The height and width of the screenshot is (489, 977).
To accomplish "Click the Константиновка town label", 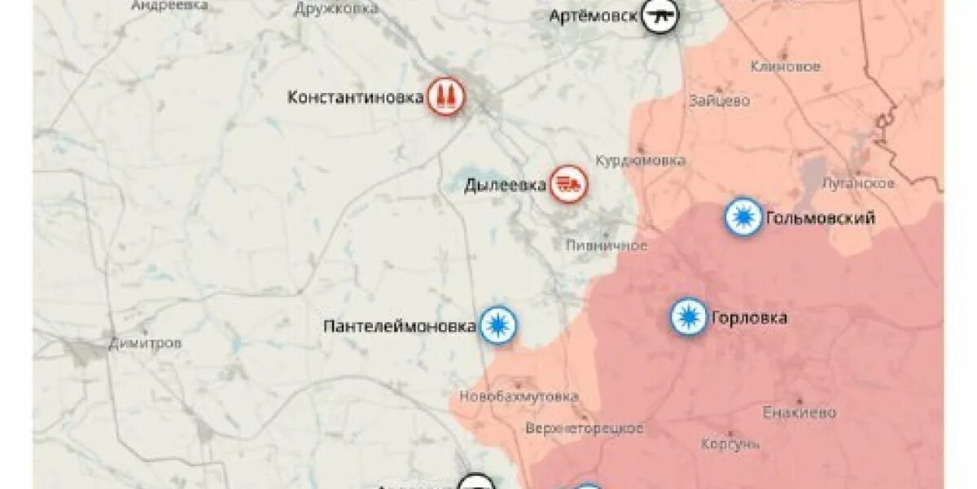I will coord(355,97).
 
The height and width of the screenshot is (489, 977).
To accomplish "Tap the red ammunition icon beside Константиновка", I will coord(445,96).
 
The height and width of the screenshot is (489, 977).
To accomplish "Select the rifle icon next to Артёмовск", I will coord(659,15).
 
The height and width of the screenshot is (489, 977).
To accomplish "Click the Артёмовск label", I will coord(592,16).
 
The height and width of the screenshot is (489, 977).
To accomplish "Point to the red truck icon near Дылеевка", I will coord(568,184).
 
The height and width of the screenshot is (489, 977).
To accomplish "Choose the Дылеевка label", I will coord(505,185).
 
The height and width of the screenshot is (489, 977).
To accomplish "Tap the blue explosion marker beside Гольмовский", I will coord(743,218).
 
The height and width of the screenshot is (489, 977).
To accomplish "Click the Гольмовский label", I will coord(820,218).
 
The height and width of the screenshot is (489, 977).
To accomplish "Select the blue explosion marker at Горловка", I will coord(689,316).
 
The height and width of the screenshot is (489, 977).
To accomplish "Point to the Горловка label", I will coord(749,318).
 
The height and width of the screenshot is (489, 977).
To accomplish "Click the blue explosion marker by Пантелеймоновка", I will coord(497,325).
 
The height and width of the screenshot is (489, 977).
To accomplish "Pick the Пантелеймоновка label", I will coord(399,326).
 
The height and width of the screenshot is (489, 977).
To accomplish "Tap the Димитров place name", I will coord(145,343).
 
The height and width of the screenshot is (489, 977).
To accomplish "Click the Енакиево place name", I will coord(800,412).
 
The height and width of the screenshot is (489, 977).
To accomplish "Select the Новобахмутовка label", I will coord(519,396).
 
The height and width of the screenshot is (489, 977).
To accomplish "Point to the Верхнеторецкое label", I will coord(584,428).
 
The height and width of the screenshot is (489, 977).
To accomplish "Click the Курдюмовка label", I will coord(640,160).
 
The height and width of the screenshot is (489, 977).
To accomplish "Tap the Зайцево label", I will coord(719,102).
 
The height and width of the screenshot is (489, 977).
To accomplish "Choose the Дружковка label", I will coord(336,9).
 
